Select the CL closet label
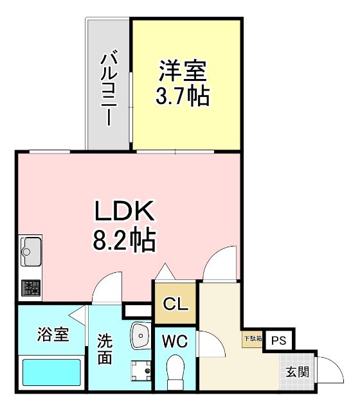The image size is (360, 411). tap(175, 303)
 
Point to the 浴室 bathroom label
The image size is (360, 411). tap(53, 335)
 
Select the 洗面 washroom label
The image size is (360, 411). tap(105, 349)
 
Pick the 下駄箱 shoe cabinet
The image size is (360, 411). tap(252, 338)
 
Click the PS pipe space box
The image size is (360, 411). tap(278, 341)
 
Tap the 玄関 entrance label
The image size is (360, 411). tap(297, 371)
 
